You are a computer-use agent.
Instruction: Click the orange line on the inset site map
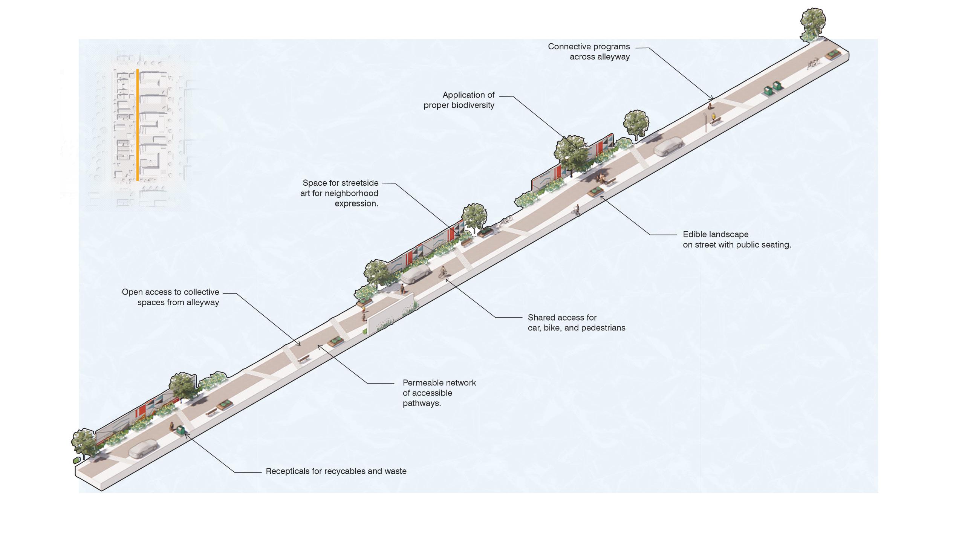[138, 124]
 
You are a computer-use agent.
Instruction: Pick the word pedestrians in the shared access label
[604, 328]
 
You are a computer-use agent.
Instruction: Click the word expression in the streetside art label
[355, 204]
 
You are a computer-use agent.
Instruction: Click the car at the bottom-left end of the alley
[143, 449]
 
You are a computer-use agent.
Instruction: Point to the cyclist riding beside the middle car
[444, 272]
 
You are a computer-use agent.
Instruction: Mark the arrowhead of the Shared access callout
[447, 279]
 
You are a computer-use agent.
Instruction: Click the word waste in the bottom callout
[396, 471]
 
